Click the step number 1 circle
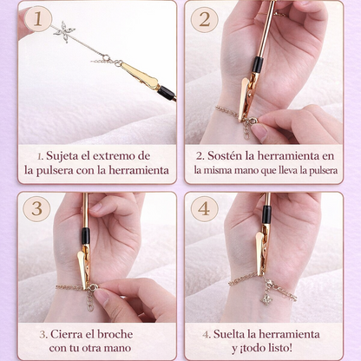tap(36, 19)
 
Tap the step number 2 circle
tap(204, 19)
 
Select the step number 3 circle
tap(36, 209)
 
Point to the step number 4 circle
tap(204, 209)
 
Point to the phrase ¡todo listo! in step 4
tap(279, 349)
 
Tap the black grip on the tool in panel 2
tap(257, 64)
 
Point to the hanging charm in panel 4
tap(267, 298)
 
